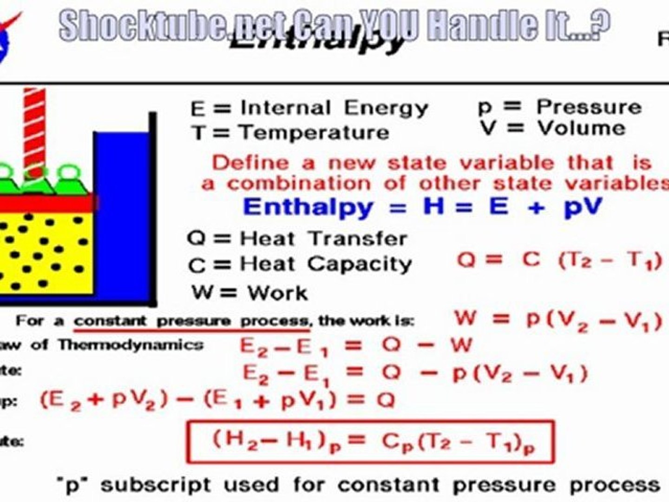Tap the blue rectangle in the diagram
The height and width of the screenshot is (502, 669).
(122, 214)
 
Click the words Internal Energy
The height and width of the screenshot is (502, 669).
(334, 108)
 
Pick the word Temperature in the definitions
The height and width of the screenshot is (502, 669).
(314, 133)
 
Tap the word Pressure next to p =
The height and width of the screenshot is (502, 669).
(589, 107)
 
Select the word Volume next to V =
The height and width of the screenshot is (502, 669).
(582, 128)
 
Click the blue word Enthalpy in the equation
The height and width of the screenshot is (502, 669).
(308, 207)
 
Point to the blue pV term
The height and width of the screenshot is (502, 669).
(583, 207)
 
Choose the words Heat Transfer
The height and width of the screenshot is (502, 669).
(323, 239)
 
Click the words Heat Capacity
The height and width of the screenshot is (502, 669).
(326, 264)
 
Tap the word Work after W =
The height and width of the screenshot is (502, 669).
(277, 293)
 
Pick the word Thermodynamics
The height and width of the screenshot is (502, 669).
(131, 345)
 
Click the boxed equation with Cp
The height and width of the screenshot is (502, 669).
(370, 442)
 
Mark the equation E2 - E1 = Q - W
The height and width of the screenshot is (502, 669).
(355, 347)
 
